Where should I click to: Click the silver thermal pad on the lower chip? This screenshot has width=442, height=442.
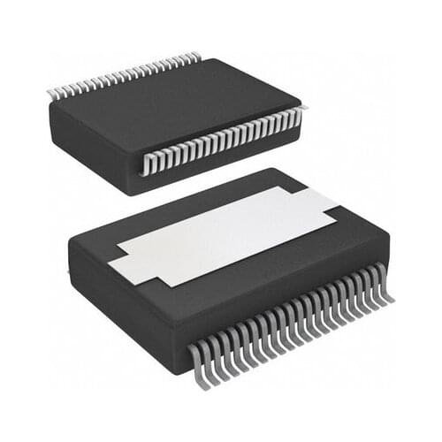tap(225, 232)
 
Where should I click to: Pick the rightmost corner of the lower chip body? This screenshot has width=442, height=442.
tap(389, 232)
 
